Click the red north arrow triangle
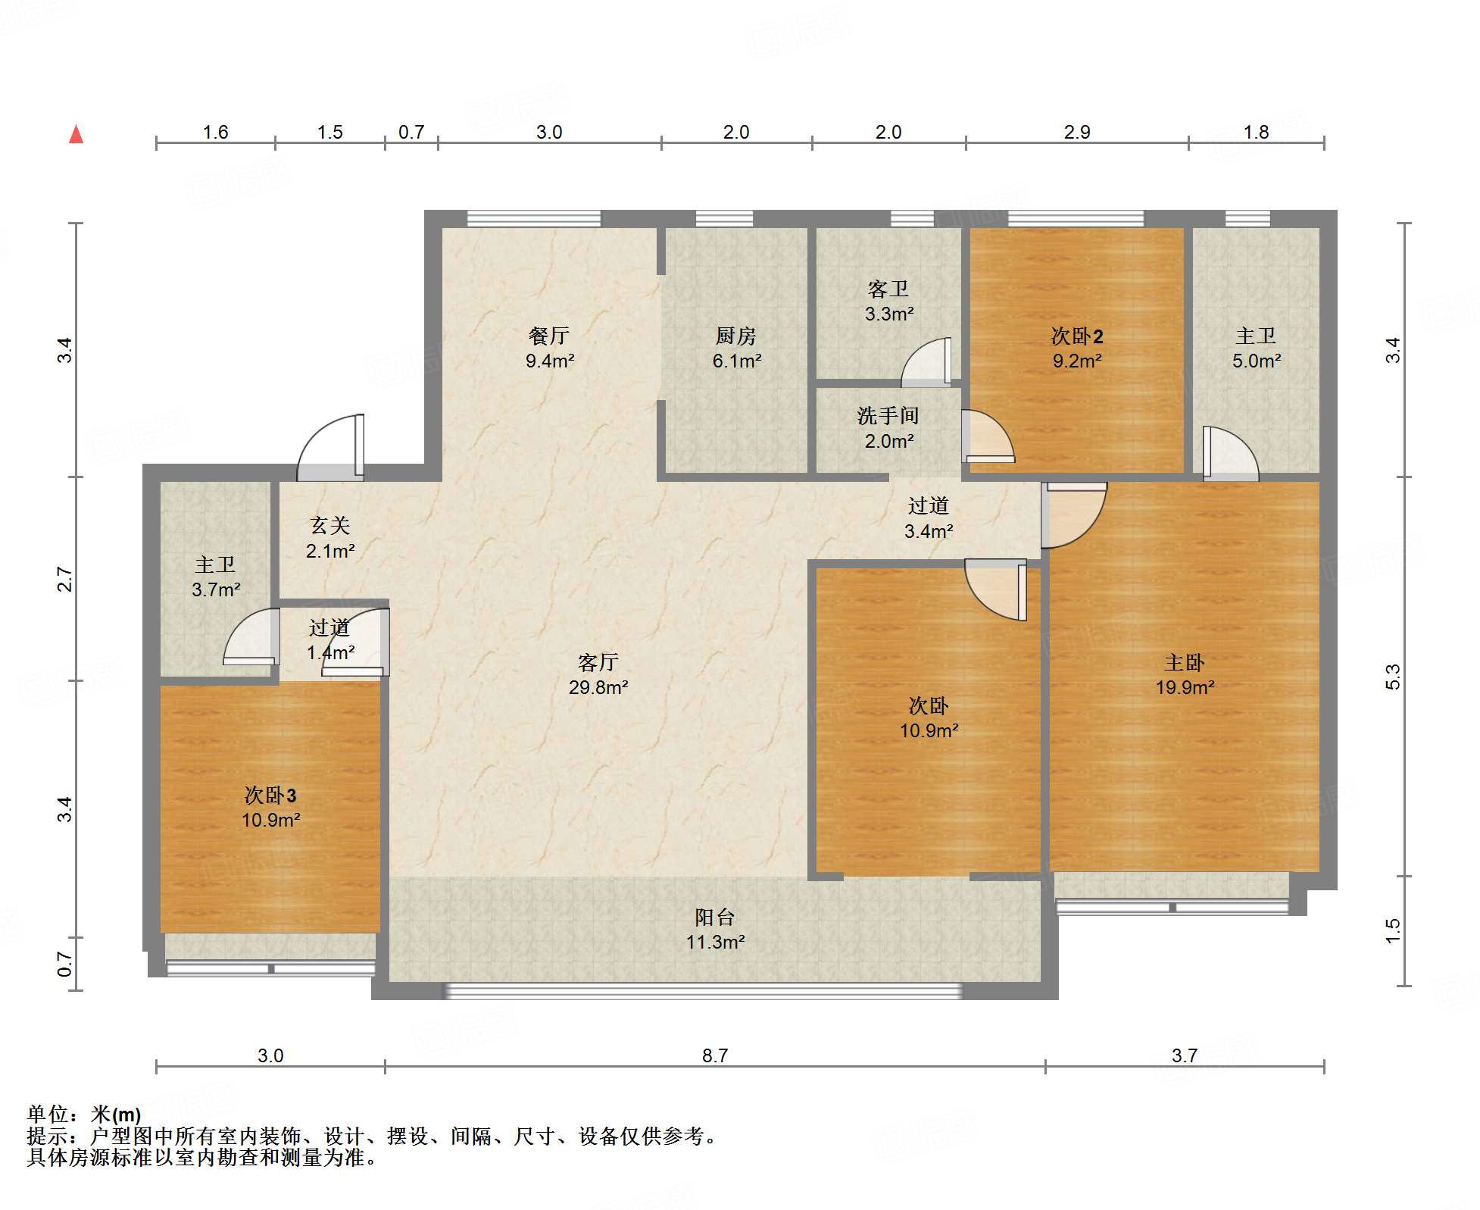pos(76,135)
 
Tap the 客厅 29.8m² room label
pos(598,674)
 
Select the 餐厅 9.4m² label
pos(549,348)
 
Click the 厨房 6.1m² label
pos(735,348)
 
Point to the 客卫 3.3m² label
pos(888,301)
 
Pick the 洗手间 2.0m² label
pos(888,428)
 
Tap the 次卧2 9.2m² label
pos(1076,348)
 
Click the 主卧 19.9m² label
pos(1184,674)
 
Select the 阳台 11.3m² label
pos(714,930)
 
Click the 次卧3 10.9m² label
pos(270,807)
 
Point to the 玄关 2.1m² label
pos(329,538)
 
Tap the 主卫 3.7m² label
pos(215,577)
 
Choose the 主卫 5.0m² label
pos(1255,348)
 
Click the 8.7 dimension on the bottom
pos(714,1055)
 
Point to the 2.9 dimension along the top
pos(1076,132)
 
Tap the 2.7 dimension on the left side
pos(65,580)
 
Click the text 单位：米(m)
pos(84,1115)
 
